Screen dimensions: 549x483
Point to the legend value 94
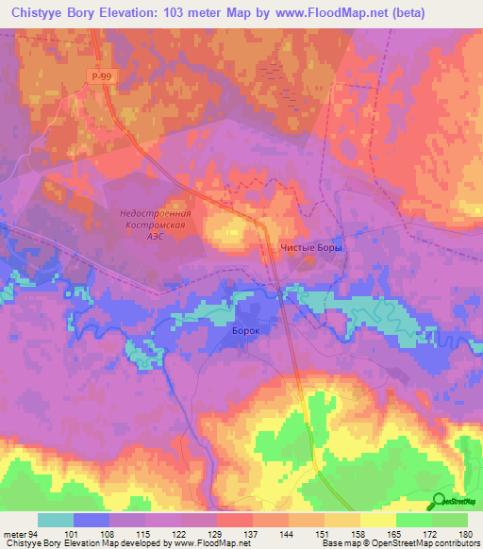click(x=34, y=533)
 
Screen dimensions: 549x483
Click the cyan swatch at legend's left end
click(x=56, y=520)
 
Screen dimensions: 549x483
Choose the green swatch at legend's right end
click(x=450, y=520)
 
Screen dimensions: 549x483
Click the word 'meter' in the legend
click(x=14, y=533)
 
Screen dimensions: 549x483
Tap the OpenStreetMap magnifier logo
click(x=439, y=502)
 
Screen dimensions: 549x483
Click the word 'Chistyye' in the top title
click(x=43, y=12)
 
